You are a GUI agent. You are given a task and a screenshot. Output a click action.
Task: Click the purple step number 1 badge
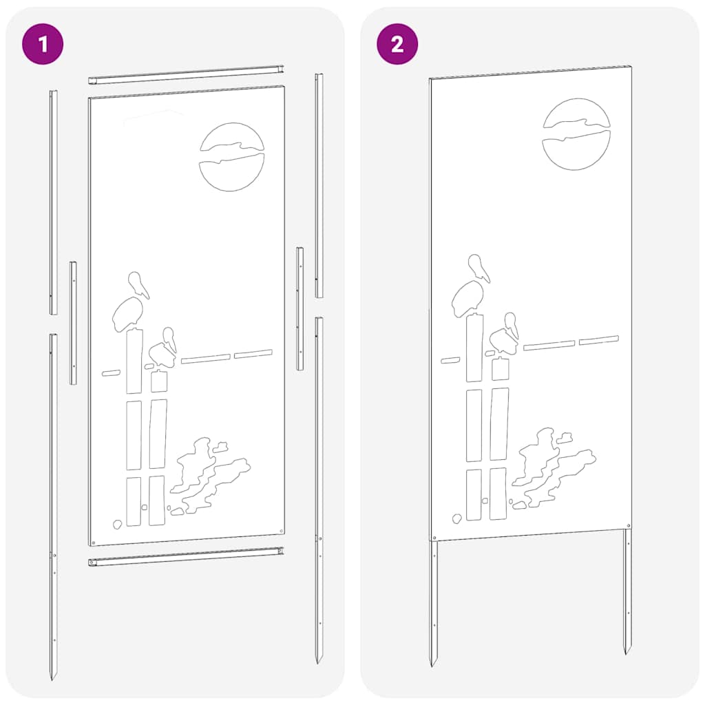click(x=43, y=45)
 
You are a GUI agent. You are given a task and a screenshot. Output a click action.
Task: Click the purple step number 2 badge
click(x=397, y=45)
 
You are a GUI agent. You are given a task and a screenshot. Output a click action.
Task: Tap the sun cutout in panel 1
click(x=232, y=156)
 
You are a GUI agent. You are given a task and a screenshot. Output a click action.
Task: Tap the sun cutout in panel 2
click(x=576, y=134)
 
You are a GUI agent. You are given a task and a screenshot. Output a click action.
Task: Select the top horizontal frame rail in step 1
click(x=187, y=75)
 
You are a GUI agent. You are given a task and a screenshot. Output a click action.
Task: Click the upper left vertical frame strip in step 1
click(x=53, y=200)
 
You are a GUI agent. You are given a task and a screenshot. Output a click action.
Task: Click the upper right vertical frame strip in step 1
click(x=319, y=186)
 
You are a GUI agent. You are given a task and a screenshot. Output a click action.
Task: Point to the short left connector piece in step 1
click(x=73, y=322)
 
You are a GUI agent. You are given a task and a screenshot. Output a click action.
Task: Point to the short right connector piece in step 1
click(x=300, y=308)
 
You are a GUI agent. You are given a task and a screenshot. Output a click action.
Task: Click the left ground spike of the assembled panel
click(x=434, y=606)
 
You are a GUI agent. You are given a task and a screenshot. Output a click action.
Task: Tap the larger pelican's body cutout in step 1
click(x=127, y=314)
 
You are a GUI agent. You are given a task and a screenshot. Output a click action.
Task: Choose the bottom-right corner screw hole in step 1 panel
click(x=282, y=530)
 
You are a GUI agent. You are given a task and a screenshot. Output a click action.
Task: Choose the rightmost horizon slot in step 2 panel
click(x=598, y=339)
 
